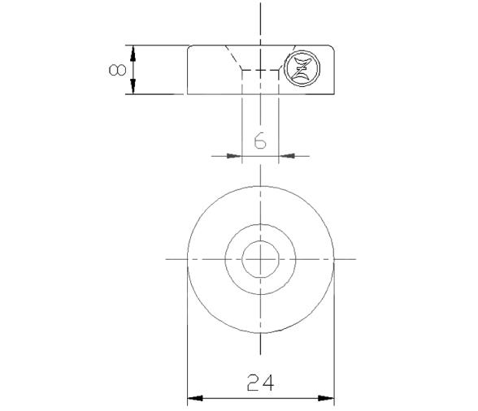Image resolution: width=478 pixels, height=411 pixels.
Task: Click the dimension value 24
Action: coord(260,383)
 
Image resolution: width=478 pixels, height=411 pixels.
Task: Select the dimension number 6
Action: coord(260,141)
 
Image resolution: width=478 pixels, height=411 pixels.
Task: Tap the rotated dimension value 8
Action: coord(115,70)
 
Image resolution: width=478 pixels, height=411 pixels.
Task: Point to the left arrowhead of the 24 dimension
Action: coord(193,399)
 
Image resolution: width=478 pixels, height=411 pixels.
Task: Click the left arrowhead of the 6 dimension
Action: coord(236,154)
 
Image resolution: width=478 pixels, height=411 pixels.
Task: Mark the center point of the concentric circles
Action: coord(260,259)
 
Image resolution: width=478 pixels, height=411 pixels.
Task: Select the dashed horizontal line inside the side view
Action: coord(260,70)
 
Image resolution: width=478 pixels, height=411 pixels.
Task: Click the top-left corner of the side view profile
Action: coord(189,46)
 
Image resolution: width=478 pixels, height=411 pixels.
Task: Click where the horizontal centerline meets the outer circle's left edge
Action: coord(187,259)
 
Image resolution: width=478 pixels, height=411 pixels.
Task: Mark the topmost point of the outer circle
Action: coord(260,186)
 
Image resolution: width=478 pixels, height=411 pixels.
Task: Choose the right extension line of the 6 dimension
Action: coord(279,122)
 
